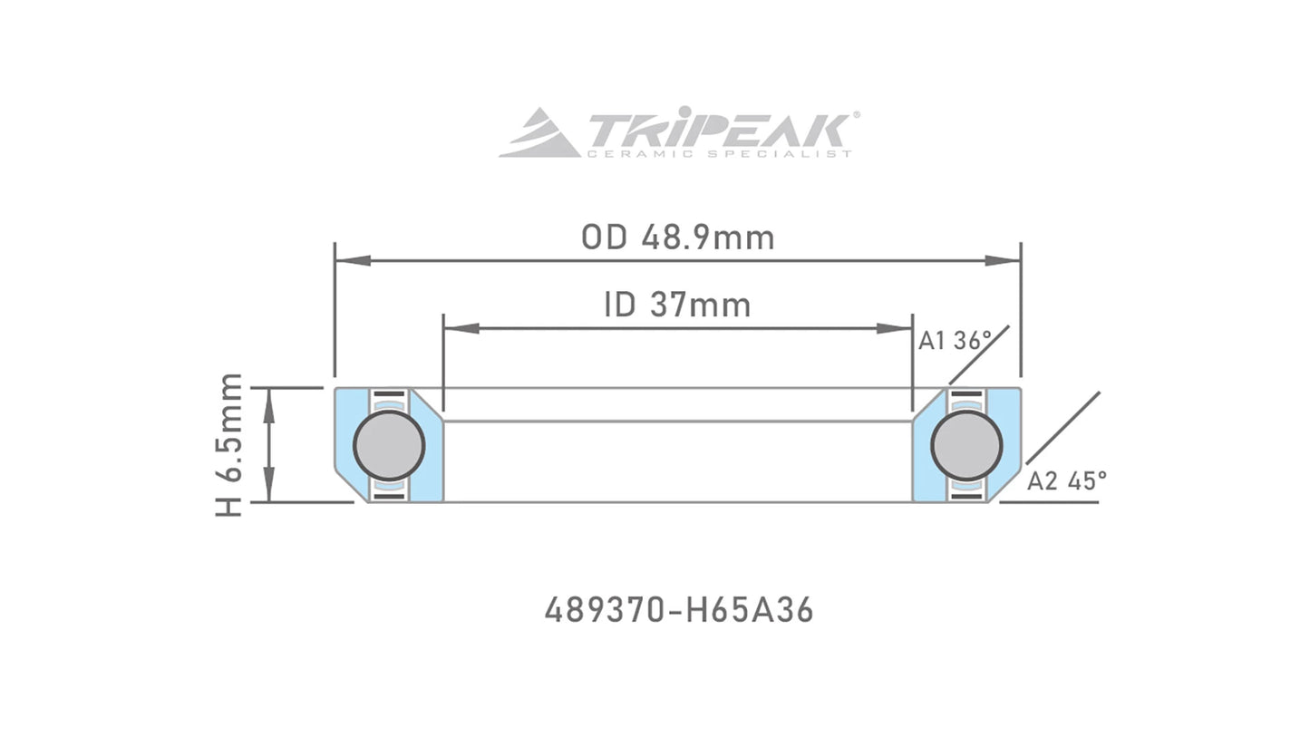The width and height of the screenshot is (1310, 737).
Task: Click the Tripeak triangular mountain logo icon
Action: point(540,133)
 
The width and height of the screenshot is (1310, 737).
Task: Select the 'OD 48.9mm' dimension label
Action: point(677,238)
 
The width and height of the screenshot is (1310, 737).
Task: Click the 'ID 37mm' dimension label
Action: point(677,305)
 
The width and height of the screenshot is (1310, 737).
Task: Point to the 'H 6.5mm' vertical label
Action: point(230,444)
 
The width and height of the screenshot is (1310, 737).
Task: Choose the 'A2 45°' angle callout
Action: point(1066,480)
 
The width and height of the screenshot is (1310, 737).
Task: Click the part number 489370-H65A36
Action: point(678,610)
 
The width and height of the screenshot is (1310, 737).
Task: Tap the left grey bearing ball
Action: point(389,445)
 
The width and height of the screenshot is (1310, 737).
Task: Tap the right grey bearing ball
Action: point(966,445)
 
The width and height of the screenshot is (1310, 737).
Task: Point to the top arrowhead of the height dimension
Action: point(269,403)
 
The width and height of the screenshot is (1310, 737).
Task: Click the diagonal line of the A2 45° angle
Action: point(1063,428)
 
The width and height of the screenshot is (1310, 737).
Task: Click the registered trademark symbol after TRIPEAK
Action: point(856,116)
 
